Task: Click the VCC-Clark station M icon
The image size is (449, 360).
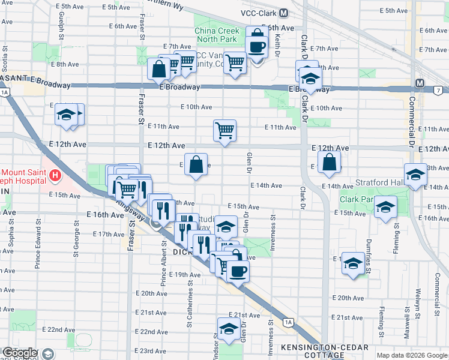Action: [283, 13]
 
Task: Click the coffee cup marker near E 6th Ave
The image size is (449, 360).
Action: [256, 46]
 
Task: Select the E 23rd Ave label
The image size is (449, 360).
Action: [150, 350]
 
